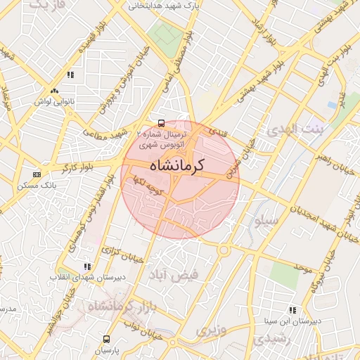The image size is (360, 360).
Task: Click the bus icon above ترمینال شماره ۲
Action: click(x=162, y=123)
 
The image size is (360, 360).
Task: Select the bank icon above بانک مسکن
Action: click(x=37, y=174)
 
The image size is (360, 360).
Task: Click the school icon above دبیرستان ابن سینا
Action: click(x=292, y=310)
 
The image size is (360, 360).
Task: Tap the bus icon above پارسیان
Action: click(x=107, y=338)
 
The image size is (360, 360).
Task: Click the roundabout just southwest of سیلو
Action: click(x=223, y=249)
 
